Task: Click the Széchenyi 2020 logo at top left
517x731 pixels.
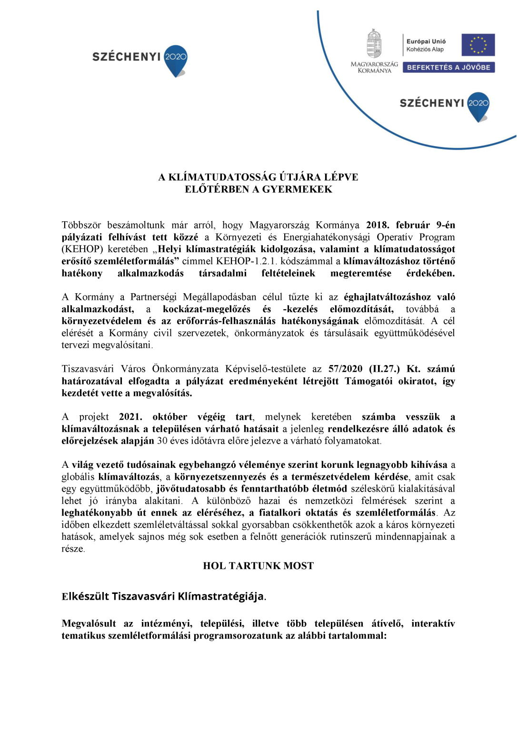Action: (139, 60)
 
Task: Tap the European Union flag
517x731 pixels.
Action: (478, 45)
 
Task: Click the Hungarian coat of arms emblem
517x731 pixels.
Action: (374, 44)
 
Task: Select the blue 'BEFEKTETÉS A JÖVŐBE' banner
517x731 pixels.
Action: (448, 68)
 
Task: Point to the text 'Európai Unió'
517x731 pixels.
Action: (426, 41)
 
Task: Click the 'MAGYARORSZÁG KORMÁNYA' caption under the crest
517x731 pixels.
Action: (374, 67)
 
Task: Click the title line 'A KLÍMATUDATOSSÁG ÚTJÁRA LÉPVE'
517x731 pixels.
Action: (258, 177)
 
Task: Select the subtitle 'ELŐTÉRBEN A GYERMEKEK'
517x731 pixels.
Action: (258, 189)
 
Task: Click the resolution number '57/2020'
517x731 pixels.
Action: (345, 369)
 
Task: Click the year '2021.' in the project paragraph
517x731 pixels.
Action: (130, 417)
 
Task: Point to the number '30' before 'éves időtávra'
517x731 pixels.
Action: (162, 441)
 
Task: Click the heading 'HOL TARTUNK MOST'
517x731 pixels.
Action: (258, 566)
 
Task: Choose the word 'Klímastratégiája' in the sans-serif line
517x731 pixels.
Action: (221, 596)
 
